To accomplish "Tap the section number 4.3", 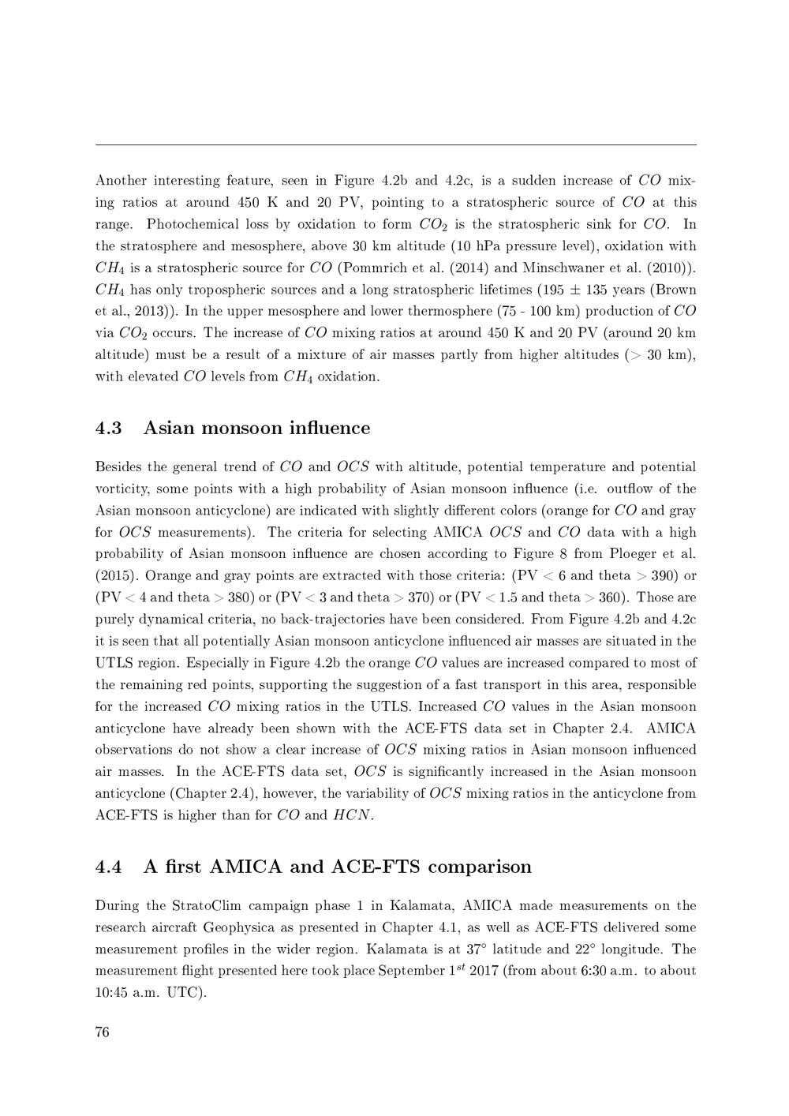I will click(109, 429).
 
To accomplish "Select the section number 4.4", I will click(109, 867).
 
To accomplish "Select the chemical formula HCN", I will click(352, 815).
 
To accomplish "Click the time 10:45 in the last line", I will click(111, 993).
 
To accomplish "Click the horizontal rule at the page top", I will click(395, 145).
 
